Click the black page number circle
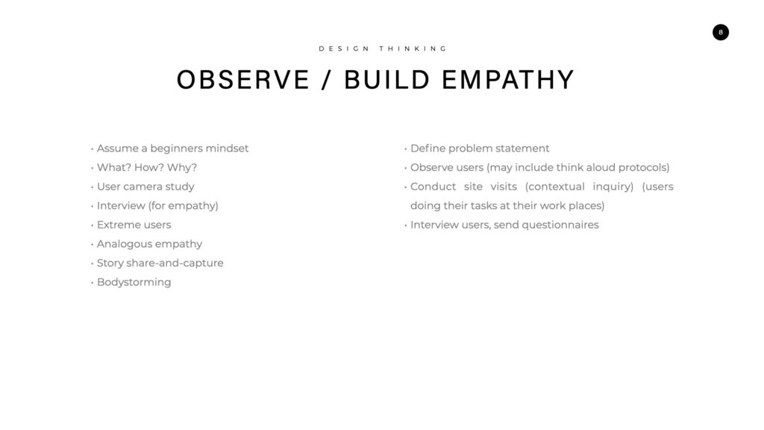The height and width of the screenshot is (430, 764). (x=720, y=32)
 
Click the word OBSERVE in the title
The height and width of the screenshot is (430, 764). (x=243, y=80)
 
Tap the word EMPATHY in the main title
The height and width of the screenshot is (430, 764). (x=508, y=80)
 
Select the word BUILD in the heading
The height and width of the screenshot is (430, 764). (x=387, y=80)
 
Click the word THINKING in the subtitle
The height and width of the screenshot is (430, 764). (x=413, y=49)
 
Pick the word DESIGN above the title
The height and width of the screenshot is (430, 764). (x=344, y=49)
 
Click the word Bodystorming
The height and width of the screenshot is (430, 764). (x=134, y=282)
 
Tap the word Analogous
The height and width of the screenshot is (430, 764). (x=125, y=244)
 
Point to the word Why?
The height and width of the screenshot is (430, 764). (x=182, y=168)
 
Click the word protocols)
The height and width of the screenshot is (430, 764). (x=644, y=168)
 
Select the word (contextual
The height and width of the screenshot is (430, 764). (x=554, y=187)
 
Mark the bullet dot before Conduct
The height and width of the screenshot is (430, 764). (x=405, y=187)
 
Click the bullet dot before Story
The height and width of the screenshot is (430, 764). (x=92, y=264)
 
